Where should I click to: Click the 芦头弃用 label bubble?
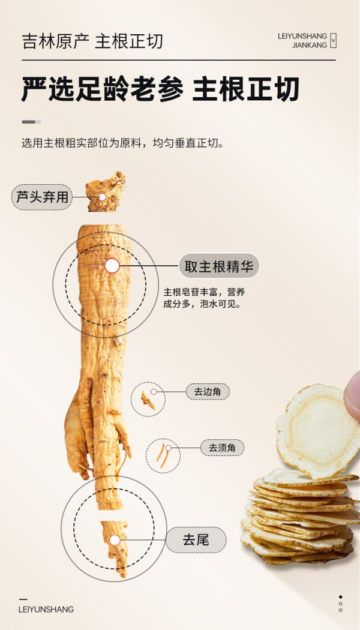(x=42, y=197)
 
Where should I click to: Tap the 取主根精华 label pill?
(x=219, y=266)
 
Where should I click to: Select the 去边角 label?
(x=208, y=392)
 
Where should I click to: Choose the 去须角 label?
(x=222, y=448)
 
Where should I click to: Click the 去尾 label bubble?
(x=196, y=539)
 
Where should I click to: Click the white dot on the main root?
(x=112, y=266)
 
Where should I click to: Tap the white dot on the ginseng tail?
(x=115, y=540)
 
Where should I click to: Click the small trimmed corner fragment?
(x=148, y=401)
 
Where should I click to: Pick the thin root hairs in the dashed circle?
(x=163, y=455)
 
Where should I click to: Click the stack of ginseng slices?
(x=300, y=517)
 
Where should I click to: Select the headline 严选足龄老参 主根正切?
(x=160, y=89)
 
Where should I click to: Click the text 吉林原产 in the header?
(x=55, y=41)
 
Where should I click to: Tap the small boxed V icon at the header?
(x=332, y=41)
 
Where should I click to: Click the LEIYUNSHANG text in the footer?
(x=46, y=610)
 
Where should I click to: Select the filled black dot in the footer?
(x=341, y=597)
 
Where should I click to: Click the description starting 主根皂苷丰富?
(x=204, y=298)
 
